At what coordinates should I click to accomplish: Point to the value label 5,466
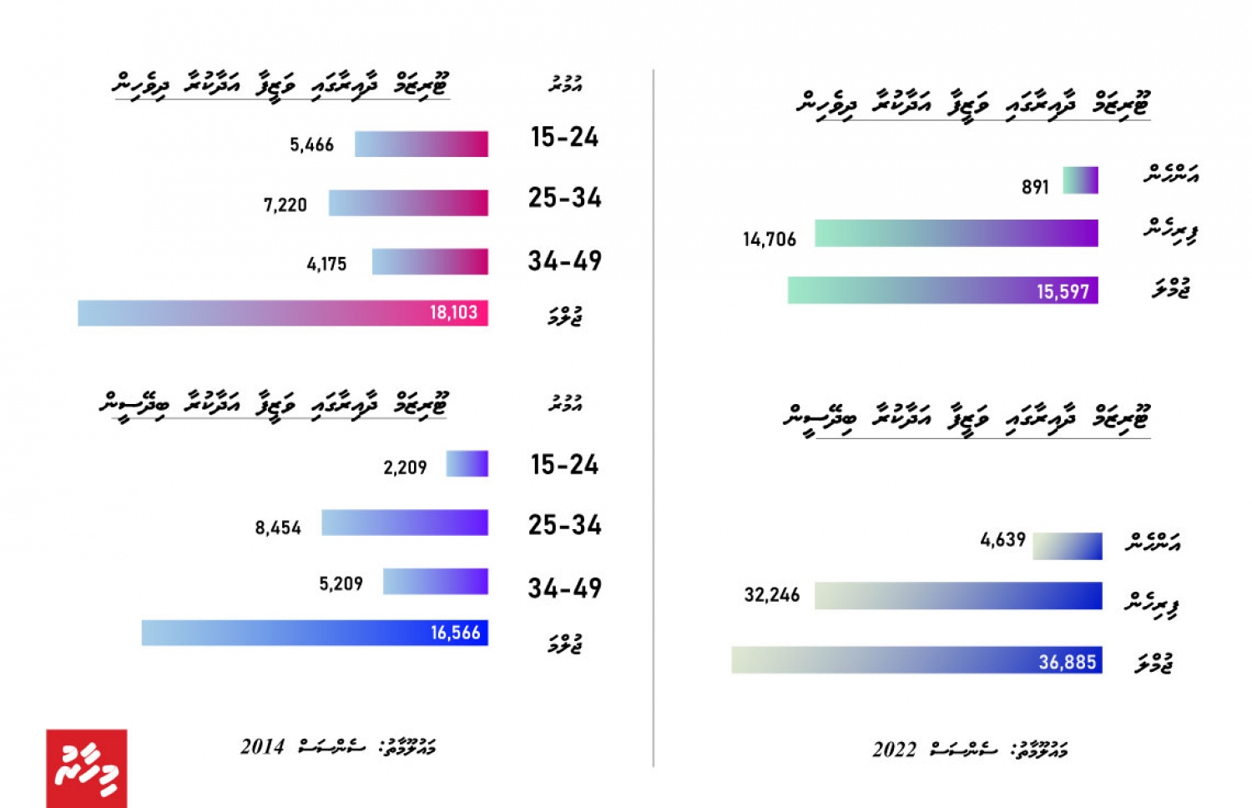[x=311, y=145]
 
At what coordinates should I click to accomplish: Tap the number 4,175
[x=326, y=265]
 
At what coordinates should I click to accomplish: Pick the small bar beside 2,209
[x=467, y=464]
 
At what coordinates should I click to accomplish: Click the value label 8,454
[x=278, y=528]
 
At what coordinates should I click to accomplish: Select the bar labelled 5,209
[x=435, y=582]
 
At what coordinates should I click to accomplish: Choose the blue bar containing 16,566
[x=315, y=633]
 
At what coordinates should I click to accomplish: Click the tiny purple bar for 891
[x=1080, y=180]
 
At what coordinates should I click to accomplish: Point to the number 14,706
[x=770, y=240]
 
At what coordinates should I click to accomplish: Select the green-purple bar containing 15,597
[x=942, y=290]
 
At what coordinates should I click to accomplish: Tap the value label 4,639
[x=1002, y=540]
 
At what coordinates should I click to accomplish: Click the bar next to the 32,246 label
[x=958, y=596]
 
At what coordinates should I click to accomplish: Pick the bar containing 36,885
[x=916, y=660]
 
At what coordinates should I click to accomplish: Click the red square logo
[x=87, y=769]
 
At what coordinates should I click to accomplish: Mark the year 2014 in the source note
[x=262, y=747]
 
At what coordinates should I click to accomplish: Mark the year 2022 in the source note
[x=894, y=750]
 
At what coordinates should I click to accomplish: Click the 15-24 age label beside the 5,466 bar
[x=564, y=138]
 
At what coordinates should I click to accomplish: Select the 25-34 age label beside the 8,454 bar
[x=564, y=526]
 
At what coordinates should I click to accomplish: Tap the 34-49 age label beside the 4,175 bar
[x=564, y=261]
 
